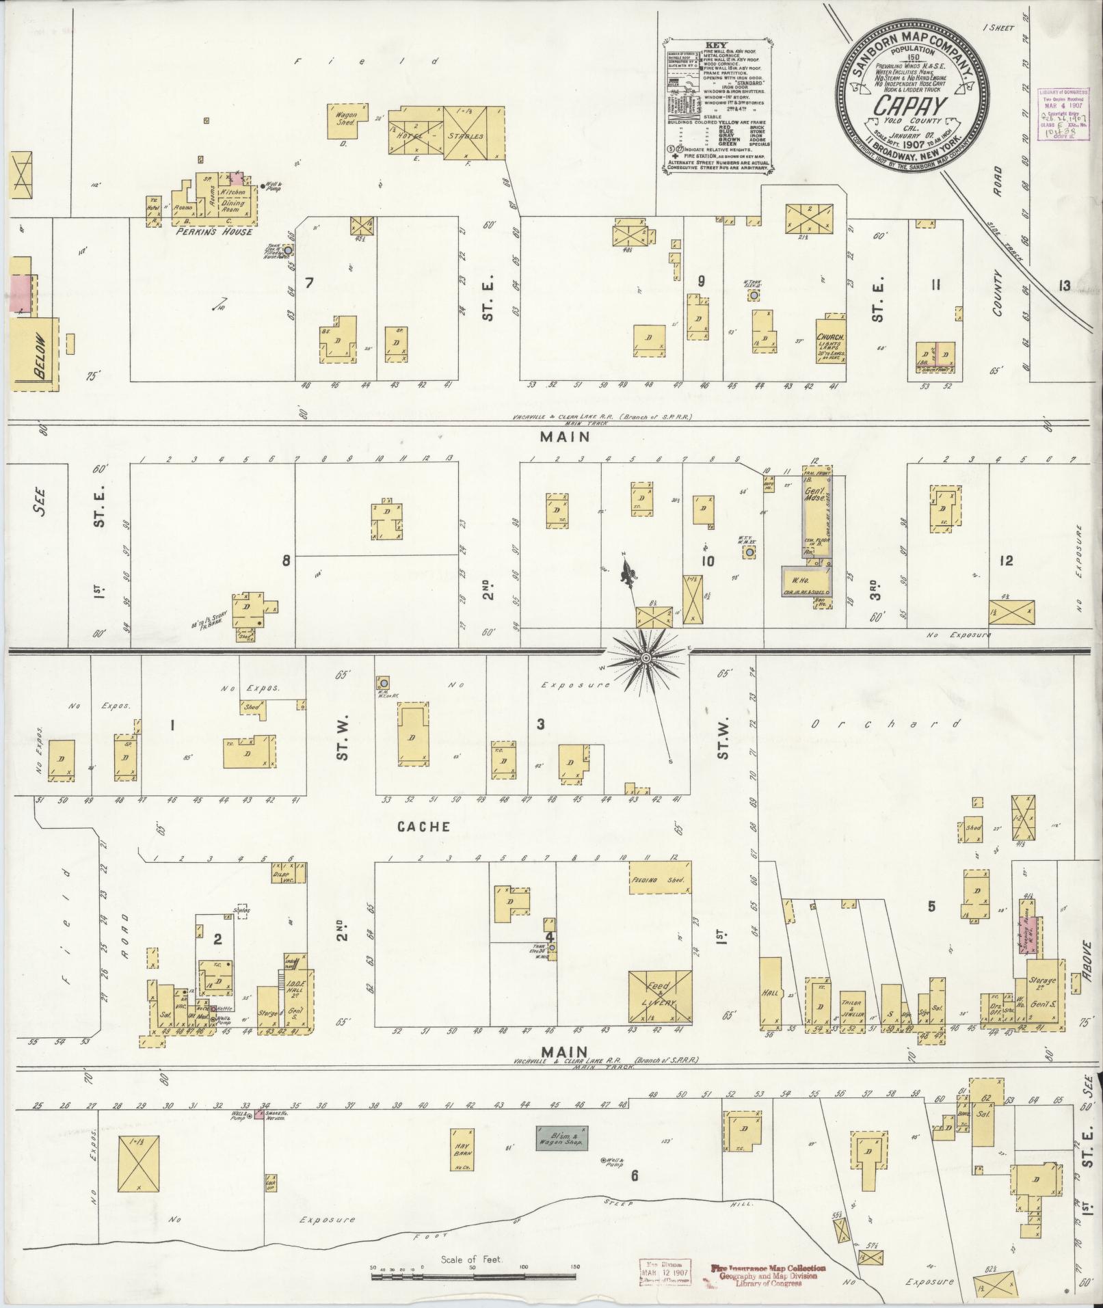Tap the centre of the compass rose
click(646, 658)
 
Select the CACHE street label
click(424, 827)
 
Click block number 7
click(309, 283)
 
